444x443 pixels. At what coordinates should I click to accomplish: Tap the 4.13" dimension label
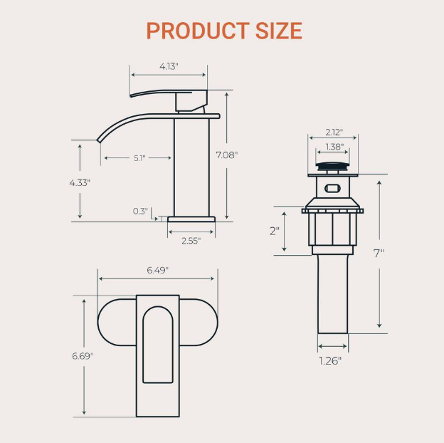(x=169, y=66)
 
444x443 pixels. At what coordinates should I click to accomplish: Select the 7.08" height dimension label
(x=226, y=155)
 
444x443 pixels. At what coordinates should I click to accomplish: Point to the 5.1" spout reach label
(x=139, y=158)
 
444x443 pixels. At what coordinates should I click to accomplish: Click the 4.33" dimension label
(x=80, y=182)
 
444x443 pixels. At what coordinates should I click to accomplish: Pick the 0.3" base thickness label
(x=140, y=211)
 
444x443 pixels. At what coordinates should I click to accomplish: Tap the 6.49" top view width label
(x=157, y=270)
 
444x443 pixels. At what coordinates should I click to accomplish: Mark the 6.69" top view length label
(x=83, y=356)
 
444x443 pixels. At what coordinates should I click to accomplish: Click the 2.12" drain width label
(x=334, y=132)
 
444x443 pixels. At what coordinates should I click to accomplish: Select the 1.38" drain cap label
(x=334, y=147)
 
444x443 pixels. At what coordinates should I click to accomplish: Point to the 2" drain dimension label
(x=275, y=231)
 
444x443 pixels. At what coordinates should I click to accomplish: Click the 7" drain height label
(x=379, y=253)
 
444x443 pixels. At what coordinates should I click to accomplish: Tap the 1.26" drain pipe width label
(x=330, y=360)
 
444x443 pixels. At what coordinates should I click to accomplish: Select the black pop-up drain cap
(x=332, y=168)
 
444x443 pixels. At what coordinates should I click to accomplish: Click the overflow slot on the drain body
(x=332, y=189)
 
